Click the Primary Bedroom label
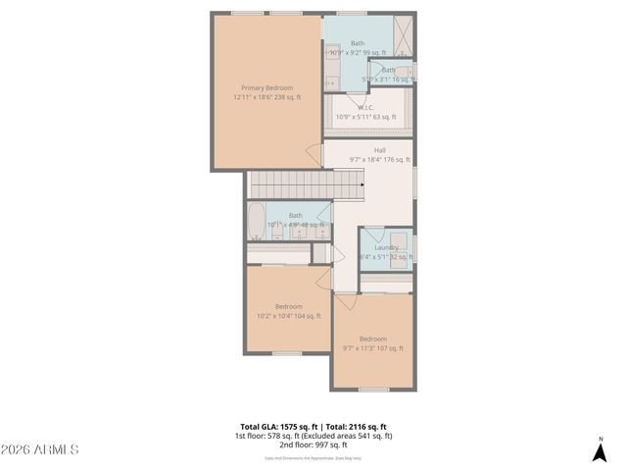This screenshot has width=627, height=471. point(266,87)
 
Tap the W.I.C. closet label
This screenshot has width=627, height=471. point(364,108)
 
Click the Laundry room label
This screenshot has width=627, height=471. point(386,248)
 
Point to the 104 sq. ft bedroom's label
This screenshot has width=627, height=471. point(288,306)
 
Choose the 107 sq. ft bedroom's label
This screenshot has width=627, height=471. point(372,339)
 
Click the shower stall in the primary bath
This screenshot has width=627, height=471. point(401,35)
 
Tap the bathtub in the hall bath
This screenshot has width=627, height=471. point(256,221)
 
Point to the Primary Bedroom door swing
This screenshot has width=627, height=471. point(314,155)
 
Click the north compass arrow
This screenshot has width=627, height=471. point(601,451)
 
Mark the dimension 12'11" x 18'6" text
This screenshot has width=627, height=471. point(266,97)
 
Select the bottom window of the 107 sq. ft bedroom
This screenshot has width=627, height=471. point(372,390)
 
